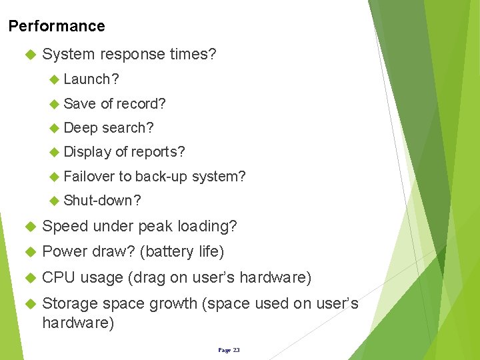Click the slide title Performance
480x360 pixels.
(x=57, y=26)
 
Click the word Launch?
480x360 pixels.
(x=91, y=79)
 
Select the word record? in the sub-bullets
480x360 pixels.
(x=141, y=103)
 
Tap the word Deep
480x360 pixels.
(x=80, y=128)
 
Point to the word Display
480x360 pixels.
(x=87, y=152)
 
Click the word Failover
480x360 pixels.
(x=89, y=176)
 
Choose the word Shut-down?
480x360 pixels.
(x=102, y=201)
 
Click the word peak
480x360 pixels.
(x=157, y=226)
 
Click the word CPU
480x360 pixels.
(x=59, y=277)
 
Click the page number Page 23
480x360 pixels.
(x=229, y=349)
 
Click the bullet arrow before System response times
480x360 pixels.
(x=29, y=54)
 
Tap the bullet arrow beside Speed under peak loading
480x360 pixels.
(x=29, y=227)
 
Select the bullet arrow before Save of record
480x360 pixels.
(x=55, y=104)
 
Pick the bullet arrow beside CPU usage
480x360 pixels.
(x=29, y=277)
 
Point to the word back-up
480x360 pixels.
(x=161, y=176)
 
